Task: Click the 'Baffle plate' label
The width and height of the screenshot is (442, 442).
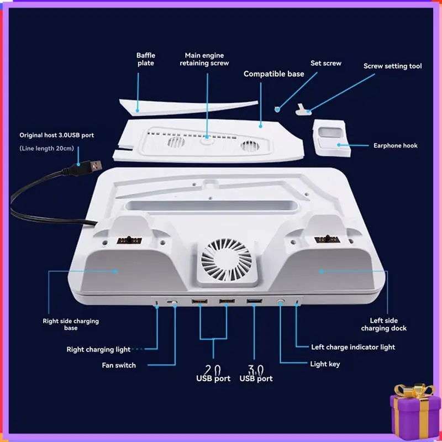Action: pos(145,59)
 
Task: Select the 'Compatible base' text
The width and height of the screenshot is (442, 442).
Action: pos(274,74)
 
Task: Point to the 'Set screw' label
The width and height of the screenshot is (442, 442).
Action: pos(326,64)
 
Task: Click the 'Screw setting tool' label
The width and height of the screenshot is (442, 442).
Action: pos(392,66)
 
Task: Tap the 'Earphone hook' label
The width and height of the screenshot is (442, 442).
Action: pos(396,146)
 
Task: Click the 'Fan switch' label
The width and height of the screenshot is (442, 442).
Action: pos(119,365)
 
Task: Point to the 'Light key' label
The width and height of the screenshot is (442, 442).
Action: pos(325,364)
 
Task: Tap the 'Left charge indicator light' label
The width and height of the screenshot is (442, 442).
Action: pos(353,348)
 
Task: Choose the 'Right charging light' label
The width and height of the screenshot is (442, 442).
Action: pos(98,350)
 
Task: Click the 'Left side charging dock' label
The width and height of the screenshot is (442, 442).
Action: pos(383,324)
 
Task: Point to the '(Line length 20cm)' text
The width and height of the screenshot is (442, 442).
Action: pos(46,149)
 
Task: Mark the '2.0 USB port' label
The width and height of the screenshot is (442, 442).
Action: pos(213,374)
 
